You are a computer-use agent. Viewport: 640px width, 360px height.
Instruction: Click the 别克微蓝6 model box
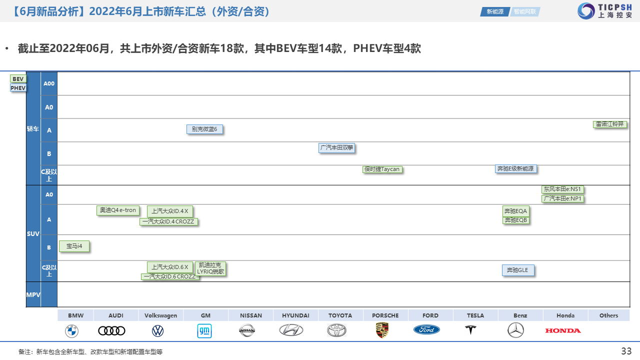pos(204,129)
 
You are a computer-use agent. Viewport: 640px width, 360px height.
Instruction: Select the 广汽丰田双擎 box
pos(337,147)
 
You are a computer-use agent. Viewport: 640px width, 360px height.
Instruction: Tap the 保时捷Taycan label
pos(382,169)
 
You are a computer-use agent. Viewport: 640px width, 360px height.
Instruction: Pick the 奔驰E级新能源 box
pos(515,168)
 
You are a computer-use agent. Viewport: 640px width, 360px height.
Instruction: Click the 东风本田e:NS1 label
pos(562,189)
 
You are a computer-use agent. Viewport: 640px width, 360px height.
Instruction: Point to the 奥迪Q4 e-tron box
pos(118,210)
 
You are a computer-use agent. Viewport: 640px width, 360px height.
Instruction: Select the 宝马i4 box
pos(74,246)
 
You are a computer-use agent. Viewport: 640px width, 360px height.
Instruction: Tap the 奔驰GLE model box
pos(518,270)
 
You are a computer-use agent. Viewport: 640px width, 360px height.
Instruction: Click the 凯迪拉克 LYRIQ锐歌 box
pos(210,268)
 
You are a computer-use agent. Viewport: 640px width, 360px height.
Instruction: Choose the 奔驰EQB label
pos(516,220)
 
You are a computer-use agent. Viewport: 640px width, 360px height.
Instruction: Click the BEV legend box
pos(18,79)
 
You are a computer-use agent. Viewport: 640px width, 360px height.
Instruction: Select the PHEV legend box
pos(18,88)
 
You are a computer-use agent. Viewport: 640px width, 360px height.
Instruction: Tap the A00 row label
pos(49,83)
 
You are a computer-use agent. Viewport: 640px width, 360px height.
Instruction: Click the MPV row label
pos(33,295)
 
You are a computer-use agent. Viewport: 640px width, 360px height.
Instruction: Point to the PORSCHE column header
pos(385,315)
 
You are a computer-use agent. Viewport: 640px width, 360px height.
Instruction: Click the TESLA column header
pos(475,315)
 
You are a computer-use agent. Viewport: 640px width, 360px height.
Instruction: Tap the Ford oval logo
pos(426,329)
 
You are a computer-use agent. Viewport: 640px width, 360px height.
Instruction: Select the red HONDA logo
pos(563,330)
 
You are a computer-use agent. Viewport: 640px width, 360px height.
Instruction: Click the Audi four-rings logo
pos(111,331)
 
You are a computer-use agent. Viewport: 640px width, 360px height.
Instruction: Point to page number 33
pos(626,351)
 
